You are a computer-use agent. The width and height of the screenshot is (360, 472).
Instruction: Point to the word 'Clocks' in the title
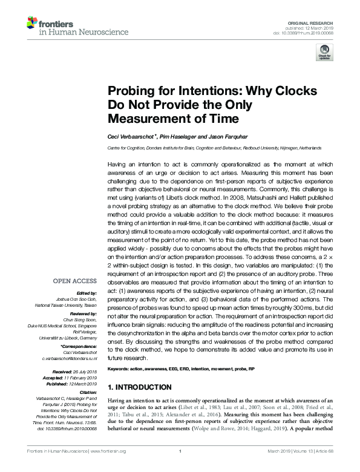(x=293, y=91)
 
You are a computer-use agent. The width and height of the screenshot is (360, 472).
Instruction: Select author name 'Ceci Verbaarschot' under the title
(x=131, y=136)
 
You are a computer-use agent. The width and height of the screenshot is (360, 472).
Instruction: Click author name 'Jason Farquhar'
(x=207, y=136)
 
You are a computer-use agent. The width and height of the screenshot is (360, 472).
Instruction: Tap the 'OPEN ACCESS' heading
(x=75, y=281)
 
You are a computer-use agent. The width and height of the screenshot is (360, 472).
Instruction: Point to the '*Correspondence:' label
(x=79, y=346)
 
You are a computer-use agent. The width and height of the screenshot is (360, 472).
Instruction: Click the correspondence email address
(x=69, y=358)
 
